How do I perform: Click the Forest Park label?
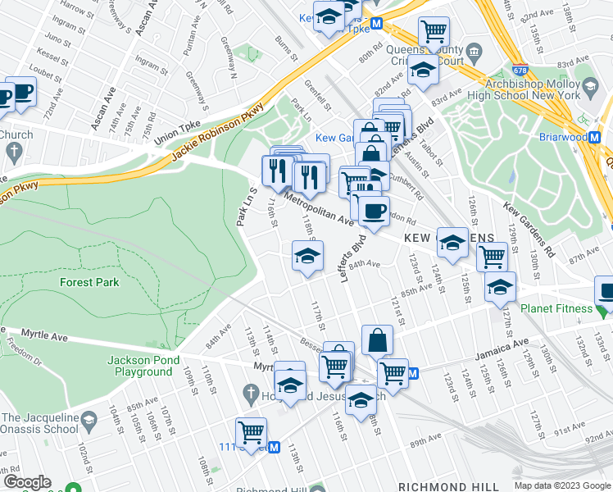pyautogui.click(x=89, y=282)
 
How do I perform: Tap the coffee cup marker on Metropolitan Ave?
pyautogui.click(x=373, y=212)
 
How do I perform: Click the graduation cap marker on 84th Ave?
pyautogui.click(x=307, y=257)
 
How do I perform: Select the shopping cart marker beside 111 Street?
pyautogui.click(x=251, y=432)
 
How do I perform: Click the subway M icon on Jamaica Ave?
pyautogui.click(x=413, y=374)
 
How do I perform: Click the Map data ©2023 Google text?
pyautogui.click(x=561, y=485)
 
